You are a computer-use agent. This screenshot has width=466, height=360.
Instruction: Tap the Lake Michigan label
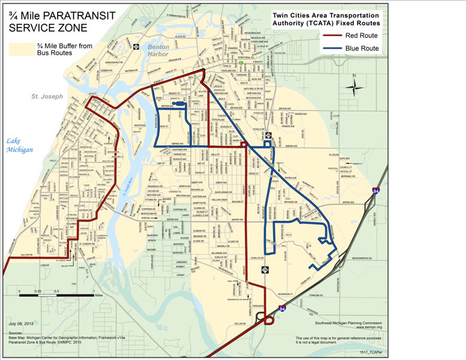pos(19,146)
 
